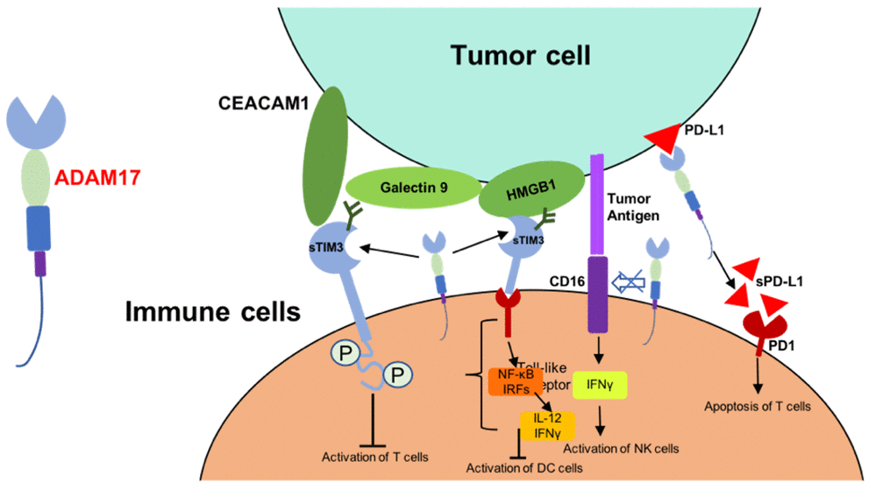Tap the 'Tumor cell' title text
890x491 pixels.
(521, 55)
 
